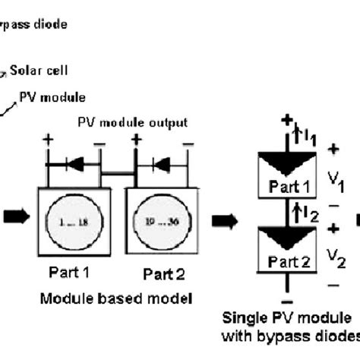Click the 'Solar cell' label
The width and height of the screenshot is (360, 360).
coord(39,71)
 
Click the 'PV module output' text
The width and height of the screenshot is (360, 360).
coord(134,122)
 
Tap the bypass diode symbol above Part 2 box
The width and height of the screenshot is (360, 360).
coord(163,163)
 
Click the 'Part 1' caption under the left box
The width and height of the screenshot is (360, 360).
coord(69,271)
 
